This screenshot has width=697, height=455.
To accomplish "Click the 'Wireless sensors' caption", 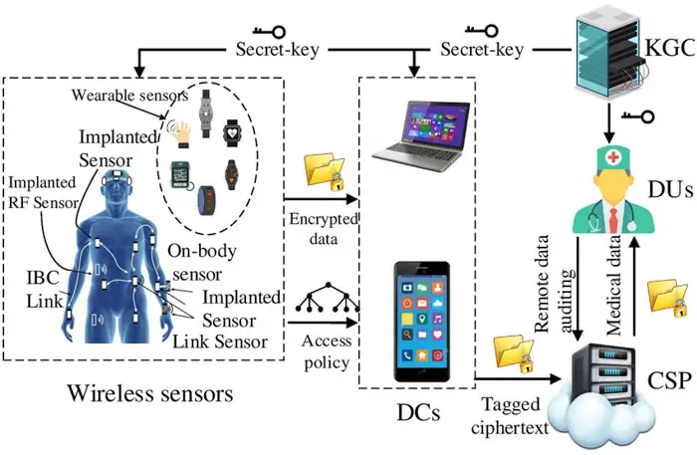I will coord(150,392).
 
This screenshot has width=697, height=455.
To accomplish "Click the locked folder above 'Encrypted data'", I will coord(324,171).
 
